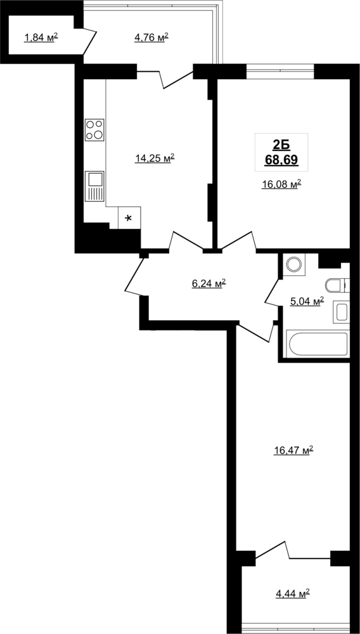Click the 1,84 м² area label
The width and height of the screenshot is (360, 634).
pos(41,38)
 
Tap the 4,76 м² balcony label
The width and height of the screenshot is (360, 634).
pos(151,38)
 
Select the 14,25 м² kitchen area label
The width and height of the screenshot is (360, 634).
pos(155,158)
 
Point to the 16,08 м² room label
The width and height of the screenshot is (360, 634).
pos(282,184)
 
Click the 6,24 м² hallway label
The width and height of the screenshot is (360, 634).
pos(209,284)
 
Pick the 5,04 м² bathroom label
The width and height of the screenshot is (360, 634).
pos(307,301)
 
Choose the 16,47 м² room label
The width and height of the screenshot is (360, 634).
pos(293,450)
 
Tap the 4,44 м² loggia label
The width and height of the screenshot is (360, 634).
pos(293,593)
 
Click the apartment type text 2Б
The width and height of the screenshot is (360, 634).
pos(281,145)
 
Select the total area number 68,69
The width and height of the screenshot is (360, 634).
pos(281,160)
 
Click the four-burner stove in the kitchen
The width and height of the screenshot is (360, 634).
pos(94,130)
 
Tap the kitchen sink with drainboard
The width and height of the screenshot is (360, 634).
pos(94,186)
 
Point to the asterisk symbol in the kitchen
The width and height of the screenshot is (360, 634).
pos(129,219)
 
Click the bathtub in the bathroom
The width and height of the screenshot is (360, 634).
pos(317,344)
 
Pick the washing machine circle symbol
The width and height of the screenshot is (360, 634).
pos(293,264)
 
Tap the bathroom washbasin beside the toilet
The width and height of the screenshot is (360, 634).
pos(340,312)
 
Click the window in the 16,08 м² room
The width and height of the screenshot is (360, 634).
pos(280,72)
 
